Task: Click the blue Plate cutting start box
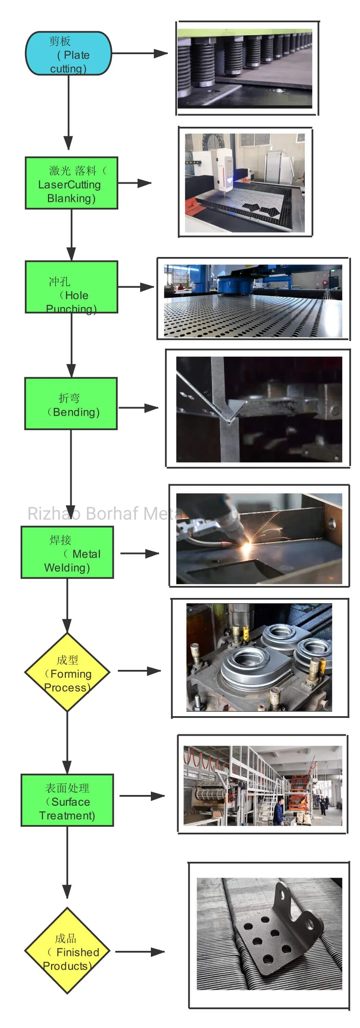click(68, 53)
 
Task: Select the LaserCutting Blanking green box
click(71, 183)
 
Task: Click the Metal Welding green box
click(67, 552)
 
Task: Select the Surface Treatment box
click(67, 800)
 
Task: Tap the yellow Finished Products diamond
click(67, 951)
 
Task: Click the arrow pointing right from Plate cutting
click(140, 53)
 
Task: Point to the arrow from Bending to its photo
click(138, 407)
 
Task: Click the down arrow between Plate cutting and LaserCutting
click(68, 112)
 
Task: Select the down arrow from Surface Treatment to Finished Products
click(67, 862)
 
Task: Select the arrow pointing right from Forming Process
click(139, 671)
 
